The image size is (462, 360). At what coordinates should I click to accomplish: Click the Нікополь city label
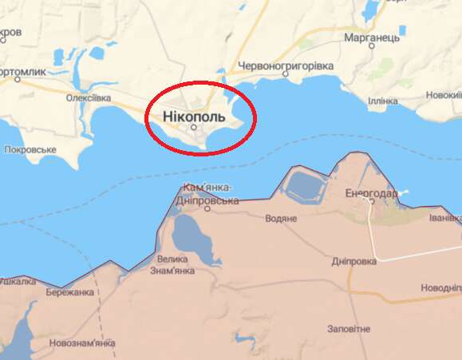(x=194, y=116)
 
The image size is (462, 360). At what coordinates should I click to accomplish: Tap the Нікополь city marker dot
(x=193, y=126)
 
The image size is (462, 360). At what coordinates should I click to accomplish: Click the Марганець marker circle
(x=372, y=46)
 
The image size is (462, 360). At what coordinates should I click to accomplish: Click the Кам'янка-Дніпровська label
(x=209, y=194)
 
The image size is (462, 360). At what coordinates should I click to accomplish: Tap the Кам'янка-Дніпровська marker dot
(x=207, y=209)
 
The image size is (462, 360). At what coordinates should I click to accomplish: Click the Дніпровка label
(x=354, y=261)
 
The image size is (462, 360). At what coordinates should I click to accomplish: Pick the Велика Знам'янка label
(x=173, y=264)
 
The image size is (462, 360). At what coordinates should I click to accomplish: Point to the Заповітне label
(x=349, y=329)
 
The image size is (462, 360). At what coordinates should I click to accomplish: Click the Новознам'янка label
(x=81, y=343)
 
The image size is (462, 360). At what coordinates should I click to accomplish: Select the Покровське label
(x=30, y=149)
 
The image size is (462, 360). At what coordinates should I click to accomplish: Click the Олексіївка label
(x=89, y=97)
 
